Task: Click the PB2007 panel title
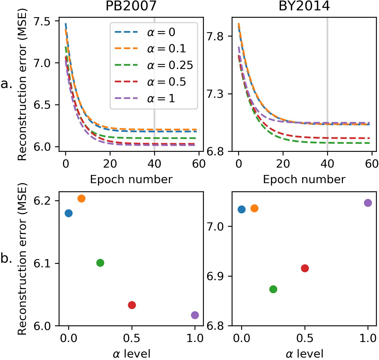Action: pos(131,6)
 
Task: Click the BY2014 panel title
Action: pos(304,6)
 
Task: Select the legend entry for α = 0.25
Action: pos(170,65)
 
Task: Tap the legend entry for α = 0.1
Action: pos(166,49)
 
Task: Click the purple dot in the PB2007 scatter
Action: pos(195,315)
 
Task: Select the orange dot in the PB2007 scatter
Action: pos(81,198)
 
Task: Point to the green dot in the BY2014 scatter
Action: pos(273,289)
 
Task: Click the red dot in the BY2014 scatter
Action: pos(305,268)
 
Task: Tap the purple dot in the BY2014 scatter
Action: pos(368,203)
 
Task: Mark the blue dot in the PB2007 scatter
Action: pos(68,213)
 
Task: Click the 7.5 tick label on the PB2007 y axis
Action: pos(42,21)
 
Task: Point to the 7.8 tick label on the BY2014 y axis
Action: pos(215,37)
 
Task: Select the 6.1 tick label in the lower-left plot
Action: pos(42,264)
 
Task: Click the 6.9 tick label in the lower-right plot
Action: pos(215,276)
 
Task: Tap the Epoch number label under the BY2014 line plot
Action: pos(304,179)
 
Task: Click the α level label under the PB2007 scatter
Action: pos(131,354)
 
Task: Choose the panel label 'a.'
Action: pos(6,84)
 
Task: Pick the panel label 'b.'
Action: pos(6,258)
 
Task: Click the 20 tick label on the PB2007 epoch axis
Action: pos(110,164)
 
